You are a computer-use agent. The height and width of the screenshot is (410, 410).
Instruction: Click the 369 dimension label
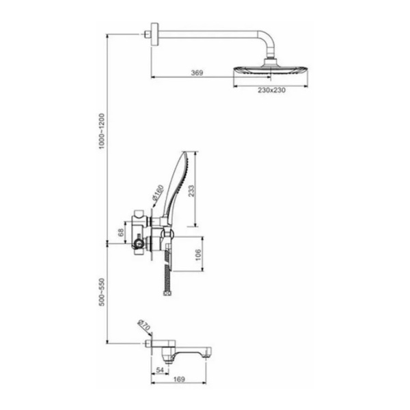(x=197, y=72)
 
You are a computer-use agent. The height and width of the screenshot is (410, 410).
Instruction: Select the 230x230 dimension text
(x=272, y=90)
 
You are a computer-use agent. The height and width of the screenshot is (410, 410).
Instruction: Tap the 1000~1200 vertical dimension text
(x=101, y=131)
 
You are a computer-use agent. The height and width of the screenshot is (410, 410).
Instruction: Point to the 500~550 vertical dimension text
(x=101, y=292)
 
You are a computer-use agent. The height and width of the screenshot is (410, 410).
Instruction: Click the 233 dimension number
(x=191, y=191)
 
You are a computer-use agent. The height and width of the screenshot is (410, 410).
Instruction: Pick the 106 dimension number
(x=198, y=255)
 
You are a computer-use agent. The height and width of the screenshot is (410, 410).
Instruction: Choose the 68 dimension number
(x=121, y=232)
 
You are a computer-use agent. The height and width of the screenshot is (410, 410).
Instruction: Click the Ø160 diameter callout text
(x=158, y=193)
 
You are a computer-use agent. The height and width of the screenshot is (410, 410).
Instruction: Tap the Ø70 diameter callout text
(x=143, y=325)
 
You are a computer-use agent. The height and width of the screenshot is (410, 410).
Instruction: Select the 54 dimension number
(x=159, y=370)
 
